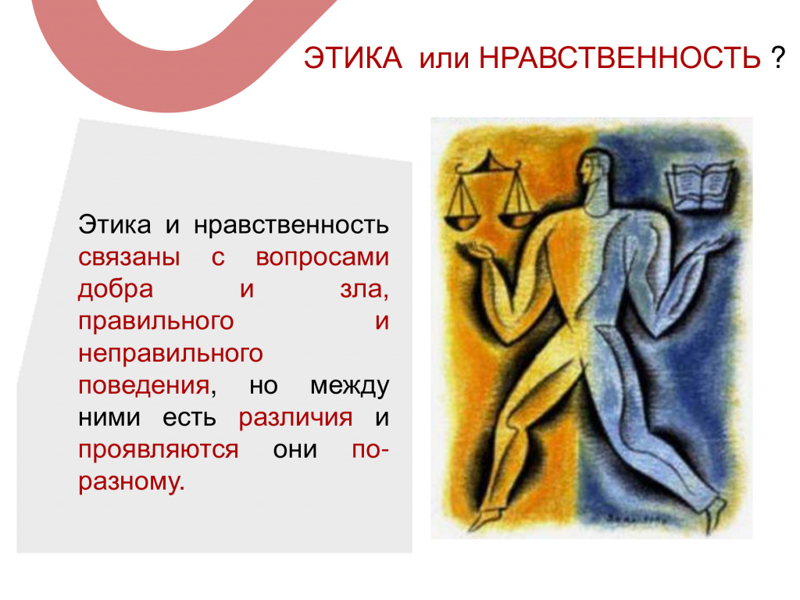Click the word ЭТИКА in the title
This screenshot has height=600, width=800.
point(353,58)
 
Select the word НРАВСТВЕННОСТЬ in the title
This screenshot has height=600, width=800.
point(620,58)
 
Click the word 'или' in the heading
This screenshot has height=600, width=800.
point(444,59)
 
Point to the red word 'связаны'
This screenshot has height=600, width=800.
point(129,257)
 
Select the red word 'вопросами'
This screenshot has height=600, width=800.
point(323,257)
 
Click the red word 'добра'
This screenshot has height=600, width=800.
point(116,289)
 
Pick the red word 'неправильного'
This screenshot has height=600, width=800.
point(170,354)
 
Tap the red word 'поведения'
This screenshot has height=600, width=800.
point(144,386)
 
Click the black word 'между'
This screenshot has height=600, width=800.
point(349,386)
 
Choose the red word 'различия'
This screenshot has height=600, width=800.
point(295,418)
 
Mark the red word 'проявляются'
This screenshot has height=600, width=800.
point(158,450)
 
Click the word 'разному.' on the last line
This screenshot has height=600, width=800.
point(131,482)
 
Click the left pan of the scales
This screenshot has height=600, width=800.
point(462,220)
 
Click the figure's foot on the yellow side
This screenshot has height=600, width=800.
point(483,519)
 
